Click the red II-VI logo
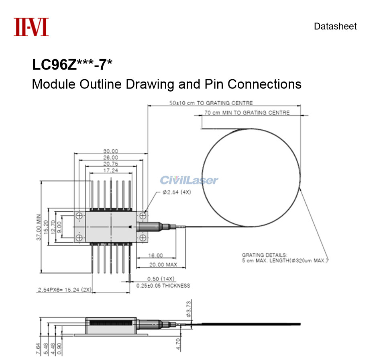coord(31,27)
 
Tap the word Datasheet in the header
coord(335,27)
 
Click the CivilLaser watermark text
coord(189,180)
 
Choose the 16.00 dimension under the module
coord(156,255)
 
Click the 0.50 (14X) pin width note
coord(160,279)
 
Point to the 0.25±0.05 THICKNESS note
coord(163,286)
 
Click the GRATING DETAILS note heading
coord(265,255)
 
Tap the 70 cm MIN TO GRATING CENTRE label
coord(247,112)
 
